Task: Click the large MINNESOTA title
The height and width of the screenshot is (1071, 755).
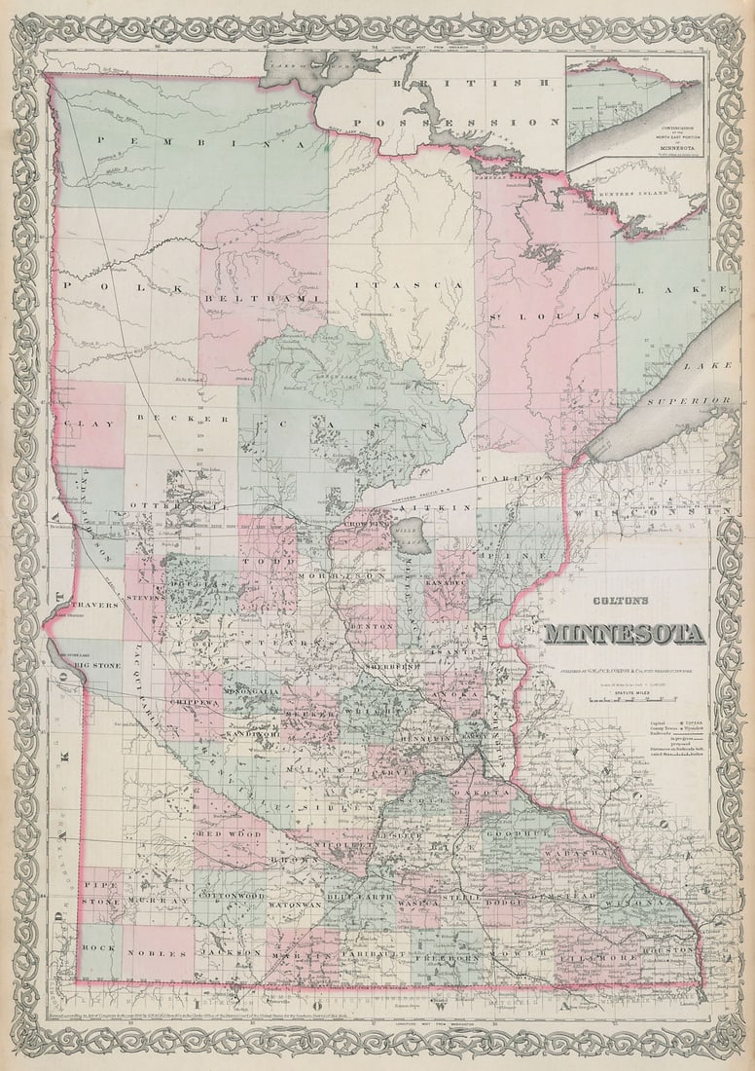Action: pyautogui.click(x=624, y=634)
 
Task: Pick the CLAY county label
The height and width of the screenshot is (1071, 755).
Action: pyautogui.click(x=90, y=425)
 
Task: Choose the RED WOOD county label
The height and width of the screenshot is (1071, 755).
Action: pyautogui.click(x=230, y=834)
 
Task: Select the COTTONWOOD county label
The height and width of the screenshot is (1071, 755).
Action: pyautogui.click(x=231, y=895)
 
